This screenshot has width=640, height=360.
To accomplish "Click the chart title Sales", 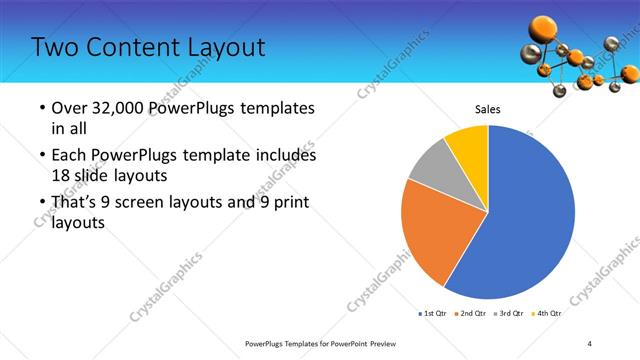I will coord(487,109).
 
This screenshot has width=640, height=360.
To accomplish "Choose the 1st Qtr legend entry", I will coord(433,313).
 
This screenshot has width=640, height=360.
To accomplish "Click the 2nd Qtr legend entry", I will coord(474,313).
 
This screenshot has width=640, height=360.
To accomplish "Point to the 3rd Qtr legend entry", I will coord(511,313).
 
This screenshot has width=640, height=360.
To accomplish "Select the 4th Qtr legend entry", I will coord(548,313).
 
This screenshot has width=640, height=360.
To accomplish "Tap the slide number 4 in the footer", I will coord(590,343).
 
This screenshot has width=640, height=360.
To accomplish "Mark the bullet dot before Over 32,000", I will coord(41,109).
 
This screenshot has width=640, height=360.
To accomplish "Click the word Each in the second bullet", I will coord(70,156).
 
